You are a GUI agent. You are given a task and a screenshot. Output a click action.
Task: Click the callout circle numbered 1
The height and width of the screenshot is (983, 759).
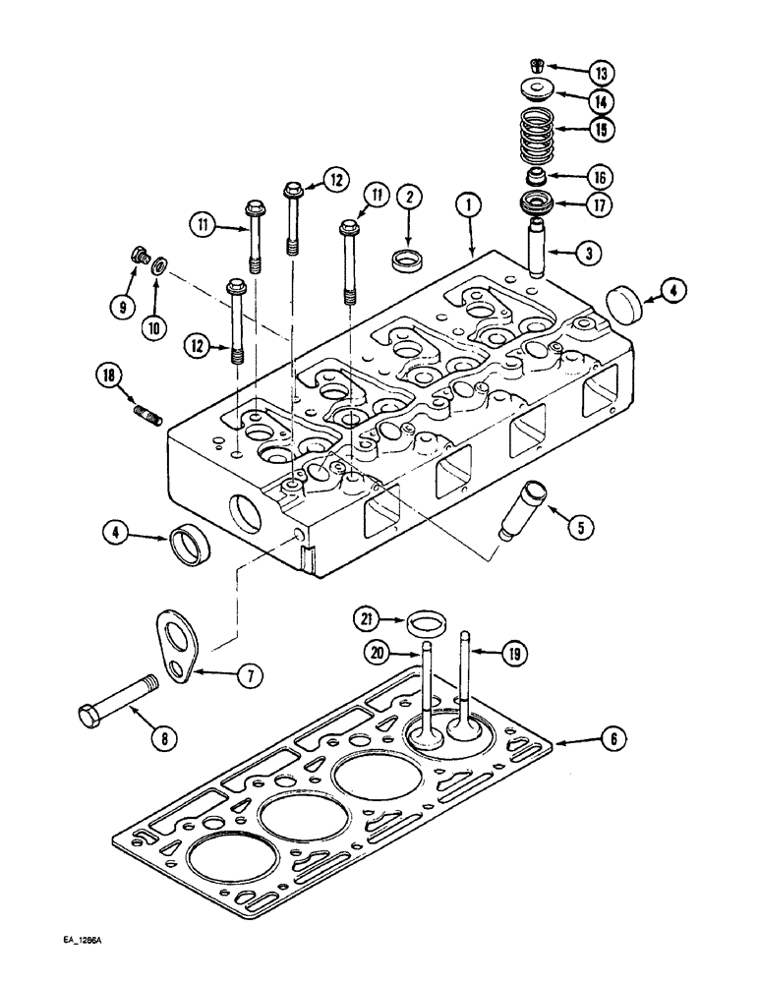tap(470, 205)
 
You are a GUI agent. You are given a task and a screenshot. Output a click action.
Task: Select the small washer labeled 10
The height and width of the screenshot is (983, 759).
tap(159, 265)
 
